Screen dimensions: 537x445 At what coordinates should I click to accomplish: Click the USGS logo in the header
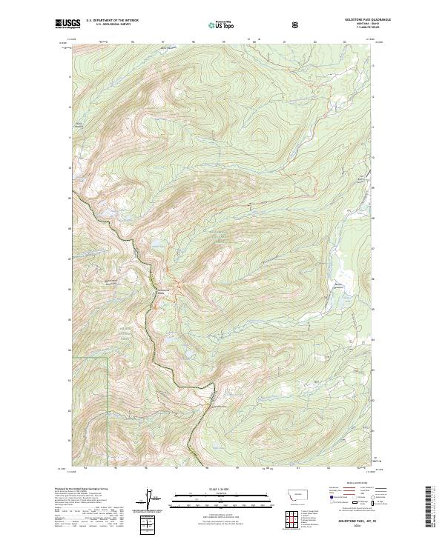click(67, 25)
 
